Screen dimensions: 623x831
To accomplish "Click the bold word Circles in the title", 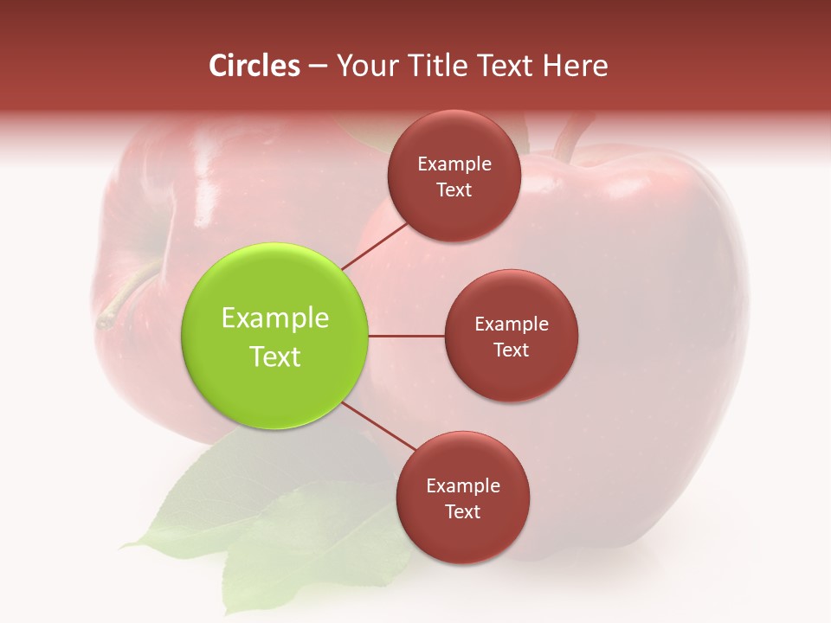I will click(x=254, y=66).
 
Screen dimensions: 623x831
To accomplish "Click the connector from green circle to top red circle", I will click(x=376, y=246).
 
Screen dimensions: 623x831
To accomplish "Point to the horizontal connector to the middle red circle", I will click(x=406, y=336).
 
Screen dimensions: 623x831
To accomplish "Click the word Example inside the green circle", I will click(x=275, y=318).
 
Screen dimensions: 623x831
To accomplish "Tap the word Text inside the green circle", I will click(x=275, y=356).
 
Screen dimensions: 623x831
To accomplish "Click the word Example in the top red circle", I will click(x=454, y=164).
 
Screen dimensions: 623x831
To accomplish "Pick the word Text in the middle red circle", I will click(x=511, y=350).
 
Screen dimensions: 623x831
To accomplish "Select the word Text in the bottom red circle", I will click(x=462, y=511).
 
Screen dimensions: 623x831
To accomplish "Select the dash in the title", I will click(x=317, y=67).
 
